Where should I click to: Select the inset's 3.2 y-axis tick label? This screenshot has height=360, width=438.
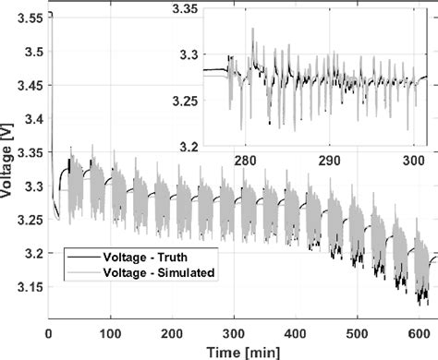click(189, 147)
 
